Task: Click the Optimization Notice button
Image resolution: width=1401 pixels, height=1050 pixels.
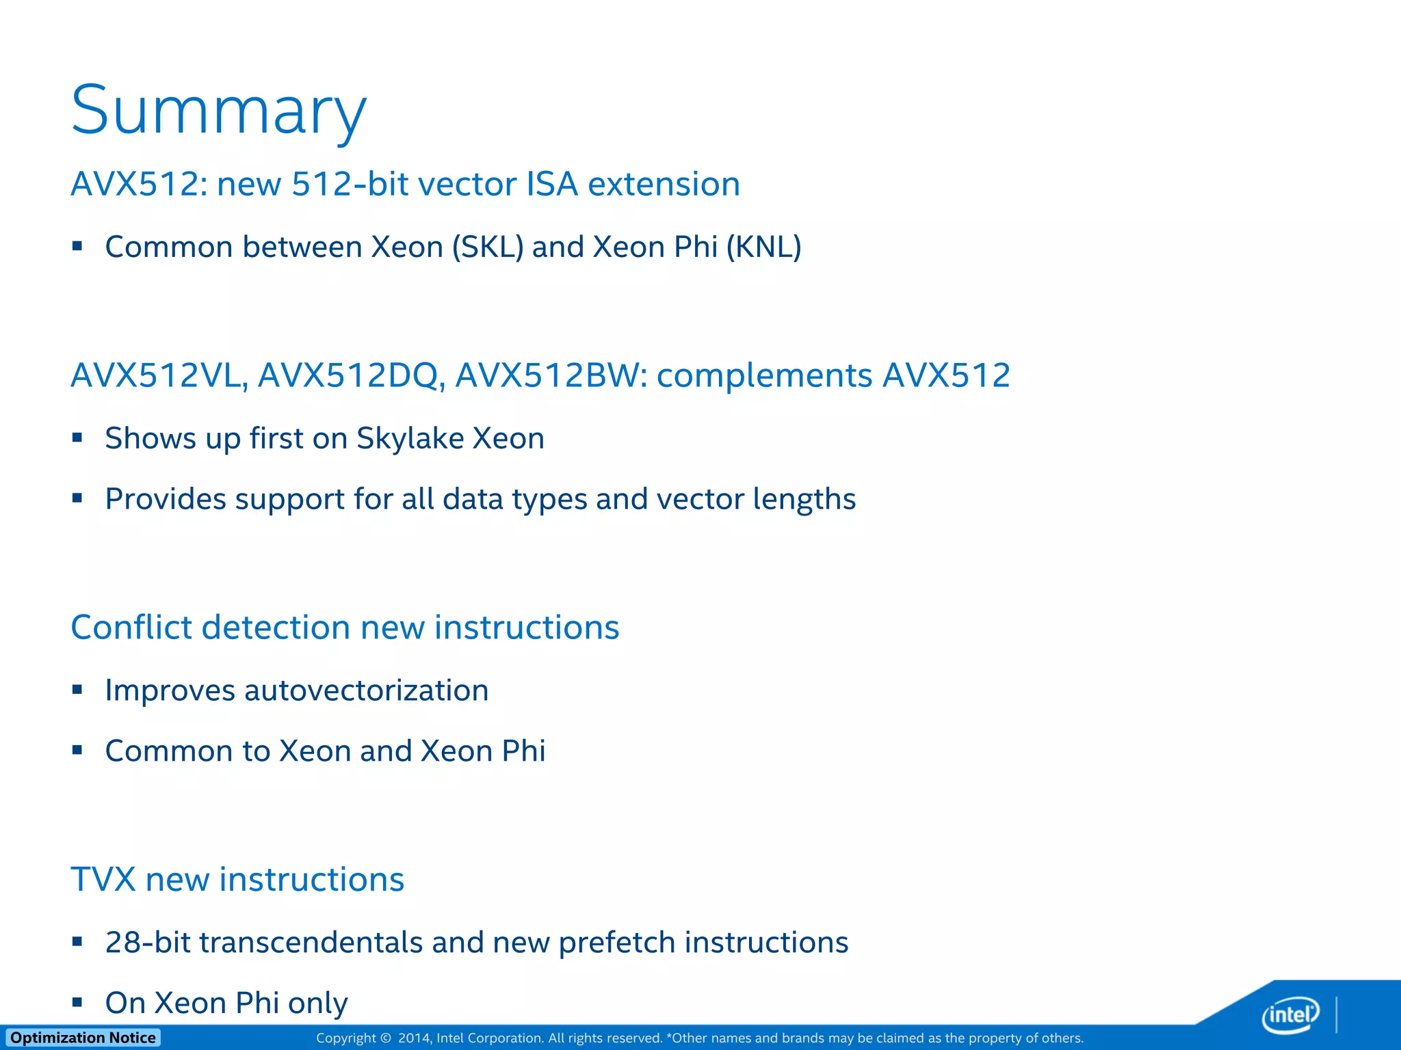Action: click(83, 1038)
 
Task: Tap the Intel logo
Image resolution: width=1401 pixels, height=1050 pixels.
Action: click(1290, 1014)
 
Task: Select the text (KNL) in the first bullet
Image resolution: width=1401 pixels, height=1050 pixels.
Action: click(763, 247)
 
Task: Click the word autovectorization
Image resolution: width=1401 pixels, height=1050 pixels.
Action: click(366, 690)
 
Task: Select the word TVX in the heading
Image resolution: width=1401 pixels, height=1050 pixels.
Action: click(103, 879)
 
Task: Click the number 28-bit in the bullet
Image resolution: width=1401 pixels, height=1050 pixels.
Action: click(148, 942)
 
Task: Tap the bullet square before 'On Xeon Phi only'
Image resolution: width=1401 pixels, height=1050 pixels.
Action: click(77, 1002)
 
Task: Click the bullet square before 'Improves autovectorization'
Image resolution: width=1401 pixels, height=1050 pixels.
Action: click(77, 690)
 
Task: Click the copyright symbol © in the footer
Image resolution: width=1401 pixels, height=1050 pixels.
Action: click(386, 1038)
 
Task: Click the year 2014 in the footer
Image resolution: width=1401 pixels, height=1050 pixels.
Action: click(413, 1038)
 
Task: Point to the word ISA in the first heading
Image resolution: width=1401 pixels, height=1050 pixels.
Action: click(551, 184)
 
